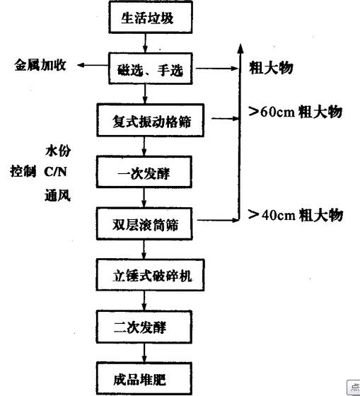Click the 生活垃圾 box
151,17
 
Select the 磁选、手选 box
151,69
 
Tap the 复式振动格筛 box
151,120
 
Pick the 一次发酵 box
144,172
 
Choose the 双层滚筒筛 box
144,223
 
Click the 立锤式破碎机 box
151,275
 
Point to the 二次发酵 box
144,327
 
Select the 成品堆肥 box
144,378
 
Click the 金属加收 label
40,65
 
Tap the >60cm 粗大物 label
296,112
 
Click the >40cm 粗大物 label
296,215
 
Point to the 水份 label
58,151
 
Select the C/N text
55,172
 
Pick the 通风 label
57,196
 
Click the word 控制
23,171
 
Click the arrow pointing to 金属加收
93,65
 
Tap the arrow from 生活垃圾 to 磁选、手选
145,43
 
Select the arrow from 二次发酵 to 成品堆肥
144,353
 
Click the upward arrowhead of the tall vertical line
240,48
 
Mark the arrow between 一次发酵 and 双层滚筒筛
144,198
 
